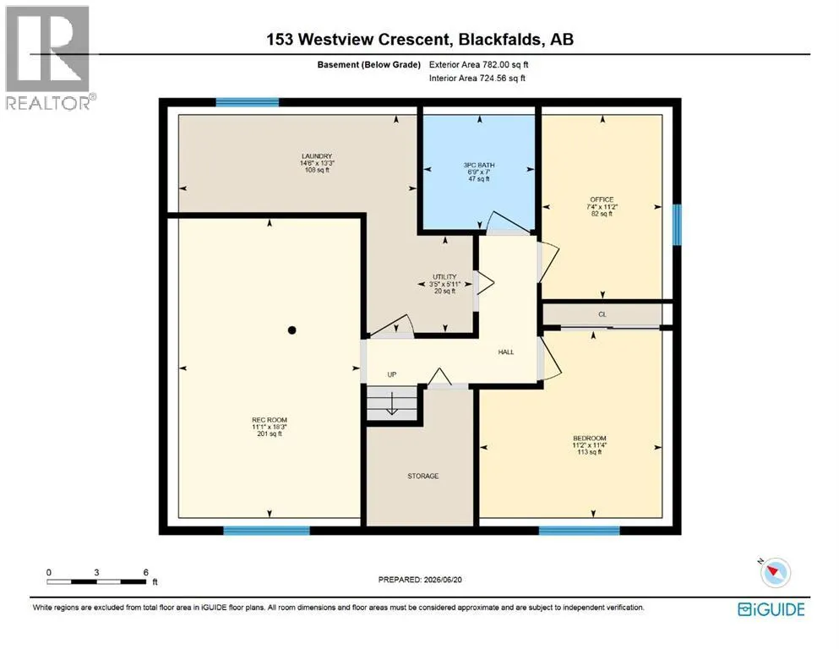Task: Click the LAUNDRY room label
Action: click(317, 156)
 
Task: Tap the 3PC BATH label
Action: click(479, 166)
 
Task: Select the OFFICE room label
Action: click(602, 199)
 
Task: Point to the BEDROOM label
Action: click(590, 439)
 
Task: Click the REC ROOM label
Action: click(270, 420)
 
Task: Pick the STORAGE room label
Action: click(423, 476)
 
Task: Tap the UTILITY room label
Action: click(444, 277)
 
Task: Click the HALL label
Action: click(506, 352)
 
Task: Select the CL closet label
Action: click(602, 314)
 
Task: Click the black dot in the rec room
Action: click(292, 330)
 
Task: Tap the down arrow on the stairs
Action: click(392, 404)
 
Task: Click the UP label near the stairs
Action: click(392, 374)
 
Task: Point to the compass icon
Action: click(774, 572)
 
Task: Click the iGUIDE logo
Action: click(771, 609)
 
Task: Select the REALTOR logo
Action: click(47, 58)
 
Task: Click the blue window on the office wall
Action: click(677, 225)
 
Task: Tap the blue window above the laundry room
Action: click(248, 102)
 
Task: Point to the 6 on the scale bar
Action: click(145, 572)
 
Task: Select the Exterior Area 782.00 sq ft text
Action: click(478, 65)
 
